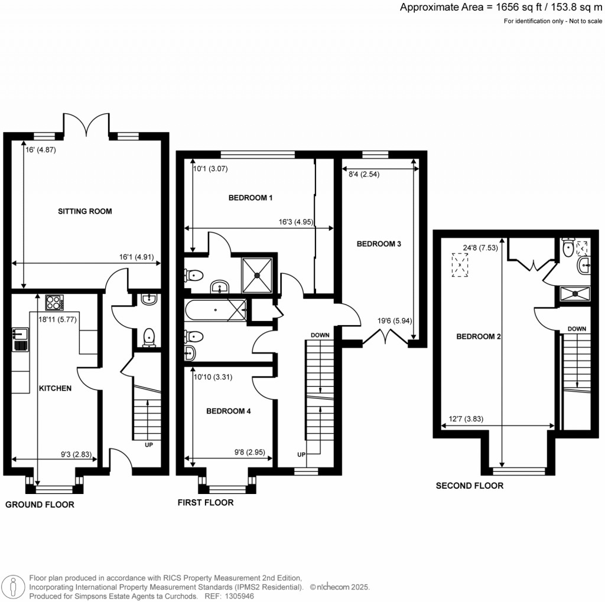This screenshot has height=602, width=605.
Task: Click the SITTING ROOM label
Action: [84, 211]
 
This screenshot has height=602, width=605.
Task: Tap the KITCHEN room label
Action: [55, 388]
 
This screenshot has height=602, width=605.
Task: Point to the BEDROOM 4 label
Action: [228, 411]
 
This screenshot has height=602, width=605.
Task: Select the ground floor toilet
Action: [149, 336]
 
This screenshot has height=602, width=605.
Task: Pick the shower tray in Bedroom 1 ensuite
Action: [257, 274]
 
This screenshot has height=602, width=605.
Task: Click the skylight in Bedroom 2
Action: [458, 265]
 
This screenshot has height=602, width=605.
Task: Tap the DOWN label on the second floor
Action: [577, 329]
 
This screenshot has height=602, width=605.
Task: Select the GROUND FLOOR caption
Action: [40, 505]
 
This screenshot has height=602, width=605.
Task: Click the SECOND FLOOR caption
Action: [469, 486]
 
